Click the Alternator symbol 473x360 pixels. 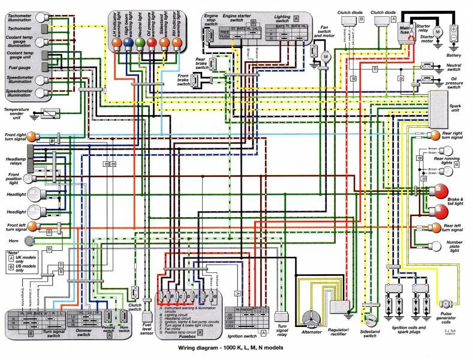point(311,317)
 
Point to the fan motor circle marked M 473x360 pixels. point(327,56)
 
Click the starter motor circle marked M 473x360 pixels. point(437,31)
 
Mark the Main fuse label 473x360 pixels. point(407,28)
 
